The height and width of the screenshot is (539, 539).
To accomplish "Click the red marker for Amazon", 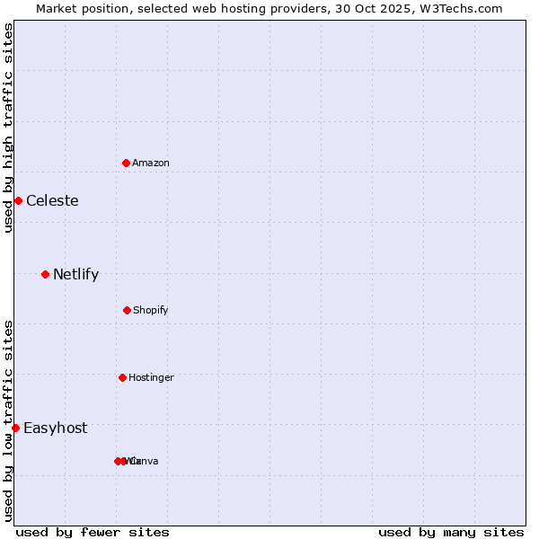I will (x=127, y=163).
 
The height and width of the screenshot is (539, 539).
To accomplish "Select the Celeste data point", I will (x=18, y=200).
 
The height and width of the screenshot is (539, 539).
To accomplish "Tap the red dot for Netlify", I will (x=45, y=274).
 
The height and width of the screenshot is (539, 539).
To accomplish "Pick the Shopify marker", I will (x=127, y=310).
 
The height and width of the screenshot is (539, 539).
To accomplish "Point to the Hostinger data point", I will (x=122, y=377).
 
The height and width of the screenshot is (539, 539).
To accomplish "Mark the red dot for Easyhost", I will (x=15, y=428).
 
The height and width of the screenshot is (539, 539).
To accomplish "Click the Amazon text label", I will (x=151, y=163).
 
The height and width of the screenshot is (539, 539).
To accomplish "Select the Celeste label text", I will (x=52, y=200).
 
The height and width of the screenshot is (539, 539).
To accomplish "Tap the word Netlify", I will (x=75, y=274).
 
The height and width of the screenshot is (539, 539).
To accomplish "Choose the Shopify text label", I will (x=151, y=310).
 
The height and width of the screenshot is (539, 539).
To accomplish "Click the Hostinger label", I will (x=151, y=377).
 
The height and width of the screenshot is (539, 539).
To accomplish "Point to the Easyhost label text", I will (x=56, y=428).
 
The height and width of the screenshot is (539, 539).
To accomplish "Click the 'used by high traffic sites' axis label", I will (x=8, y=128).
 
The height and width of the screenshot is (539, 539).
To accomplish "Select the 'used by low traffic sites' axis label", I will (x=8, y=420).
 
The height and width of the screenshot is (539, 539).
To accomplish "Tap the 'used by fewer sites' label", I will (x=93, y=532).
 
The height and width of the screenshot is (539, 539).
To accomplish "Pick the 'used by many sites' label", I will (x=451, y=532).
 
